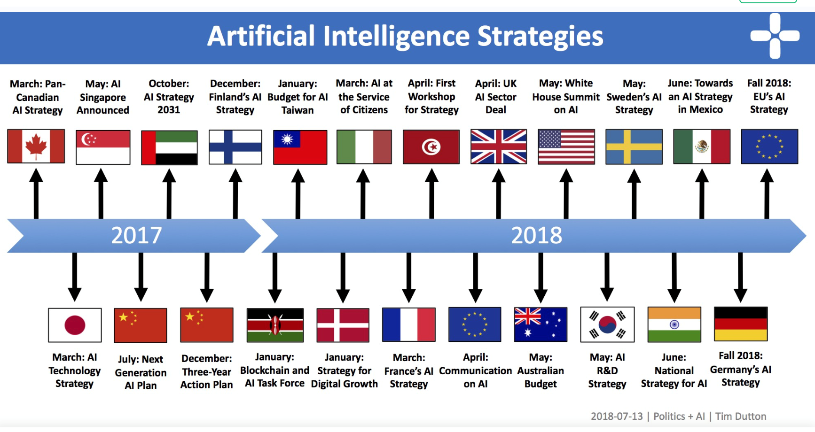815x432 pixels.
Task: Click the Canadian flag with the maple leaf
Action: [x=36, y=146]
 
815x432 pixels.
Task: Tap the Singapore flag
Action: [x=103, y=147]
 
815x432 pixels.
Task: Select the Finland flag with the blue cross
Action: [x=235, y=147]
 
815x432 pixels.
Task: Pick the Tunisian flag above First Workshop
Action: [x=431, y=147]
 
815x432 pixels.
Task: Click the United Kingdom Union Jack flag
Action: [x=499, y=147]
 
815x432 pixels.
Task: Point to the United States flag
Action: [x=566, y=147]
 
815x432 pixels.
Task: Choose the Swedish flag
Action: [x=634, y=147]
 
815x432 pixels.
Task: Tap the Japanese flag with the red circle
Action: [x=75, y=325]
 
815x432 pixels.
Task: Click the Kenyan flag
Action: [x=275, y=325]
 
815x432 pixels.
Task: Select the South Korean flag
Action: [x=607, y=324]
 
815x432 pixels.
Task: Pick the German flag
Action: [x=741, y=324]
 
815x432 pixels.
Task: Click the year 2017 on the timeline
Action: [x=136, y=235]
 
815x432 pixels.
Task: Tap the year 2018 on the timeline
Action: [x=536, y=235]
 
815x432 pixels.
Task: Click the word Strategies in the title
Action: [x=540, y=37]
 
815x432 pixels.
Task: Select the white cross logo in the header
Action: [x=775, y=36]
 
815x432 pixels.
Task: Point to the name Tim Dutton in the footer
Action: [x=741, y=416]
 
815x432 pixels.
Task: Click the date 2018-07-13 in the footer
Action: [x=617, y=416]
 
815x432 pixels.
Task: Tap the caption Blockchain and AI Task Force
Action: [x=275, y=377]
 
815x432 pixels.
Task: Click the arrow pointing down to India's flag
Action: [x=674, y=278]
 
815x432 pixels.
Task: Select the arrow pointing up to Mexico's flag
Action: [x=702, y=194]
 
